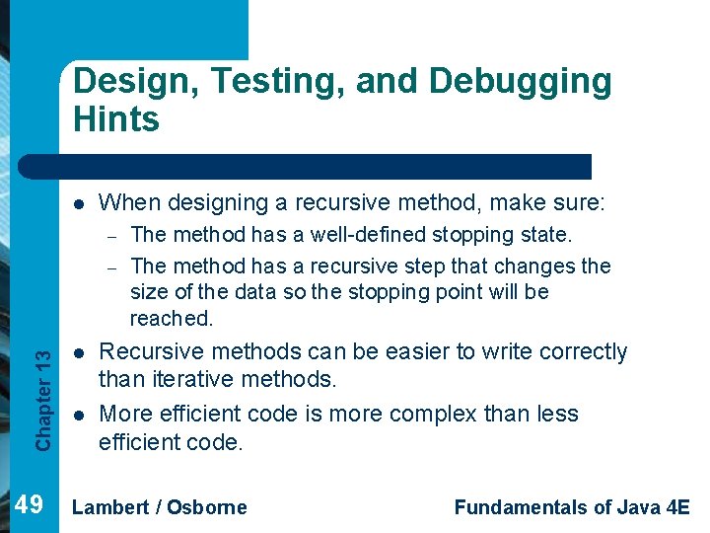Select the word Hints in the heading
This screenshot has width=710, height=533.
coord(115,119)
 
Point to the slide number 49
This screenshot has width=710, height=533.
coord(30,505)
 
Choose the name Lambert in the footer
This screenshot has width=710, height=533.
coord(110,507)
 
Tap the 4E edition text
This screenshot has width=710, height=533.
coord(676,507)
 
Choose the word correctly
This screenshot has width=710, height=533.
coord(578,351)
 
